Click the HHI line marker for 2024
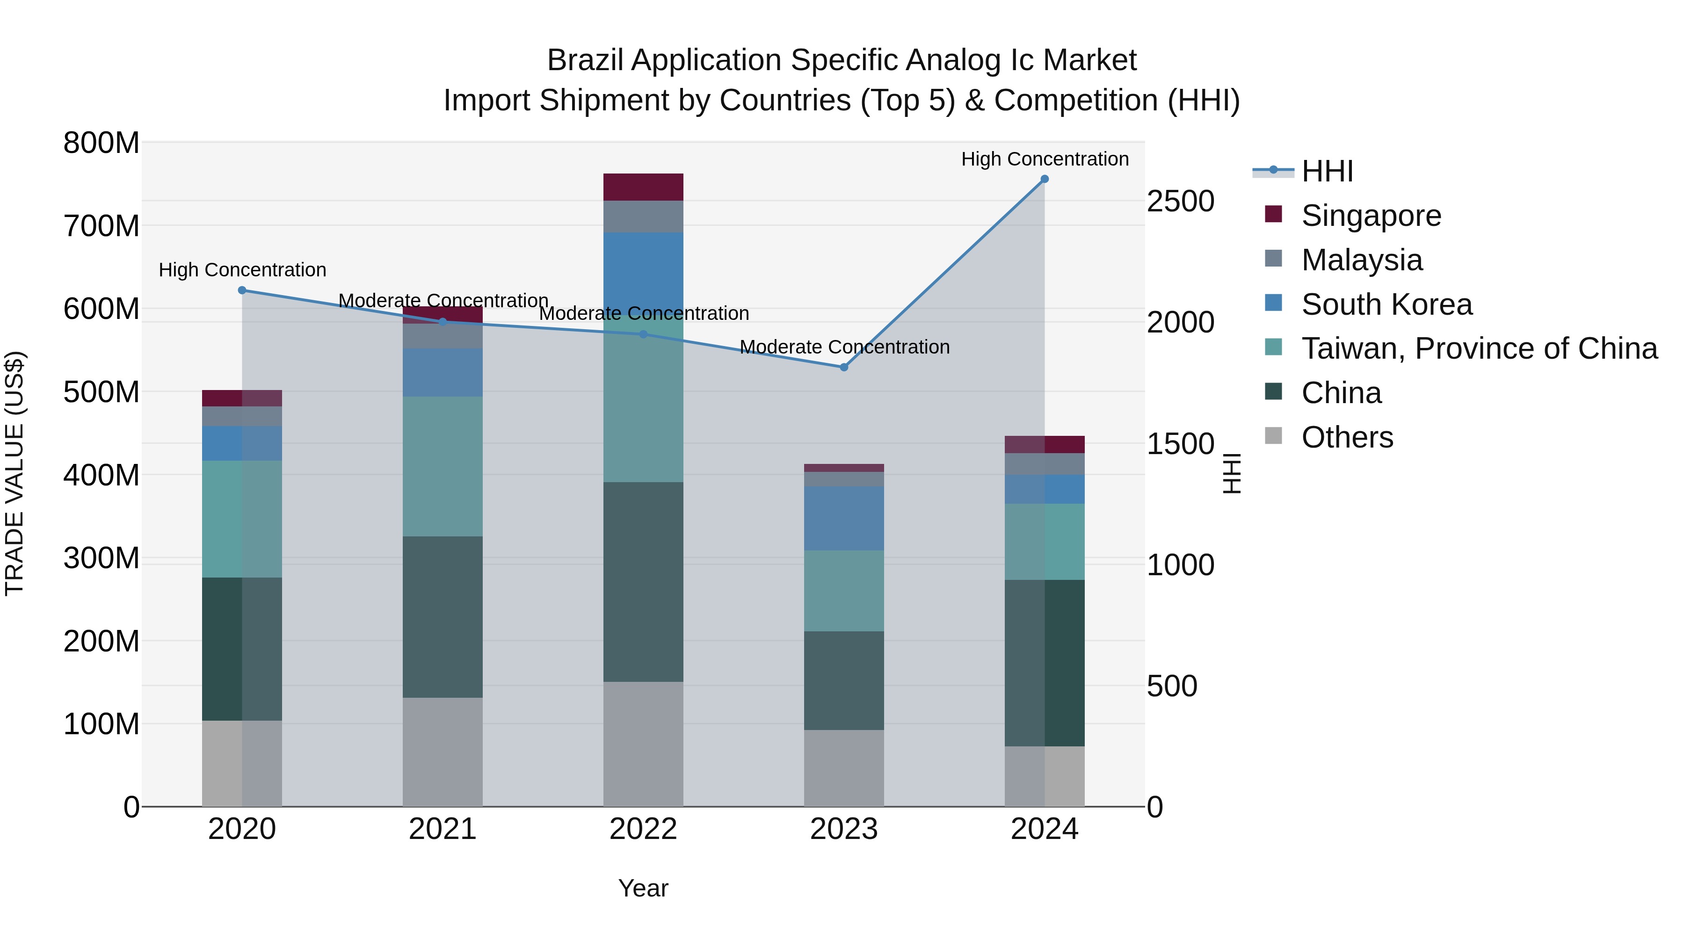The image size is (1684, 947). (1044, 179)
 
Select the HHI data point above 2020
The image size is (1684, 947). (242, 290)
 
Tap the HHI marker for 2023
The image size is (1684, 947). (843, 367)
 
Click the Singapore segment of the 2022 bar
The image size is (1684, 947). (643, 187)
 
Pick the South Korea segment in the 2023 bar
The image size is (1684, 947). (843, 518)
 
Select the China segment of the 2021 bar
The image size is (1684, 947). (443, 616)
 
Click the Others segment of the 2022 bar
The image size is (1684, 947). (643, 744)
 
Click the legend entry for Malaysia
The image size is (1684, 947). (1361, 260)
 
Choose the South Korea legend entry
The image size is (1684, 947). (1386, 304)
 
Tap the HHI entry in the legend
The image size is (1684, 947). (1327, 171)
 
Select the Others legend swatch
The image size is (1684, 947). (1273, 436)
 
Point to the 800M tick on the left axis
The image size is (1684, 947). (102, 143)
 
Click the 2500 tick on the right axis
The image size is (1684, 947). (1180, 201)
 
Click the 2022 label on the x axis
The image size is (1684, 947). (643, 829)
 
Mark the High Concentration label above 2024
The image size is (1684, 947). (1044, 159)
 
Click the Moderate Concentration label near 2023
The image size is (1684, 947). (844, 347)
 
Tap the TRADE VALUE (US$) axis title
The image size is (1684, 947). (15, 473)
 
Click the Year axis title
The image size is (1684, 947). (643, 888)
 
